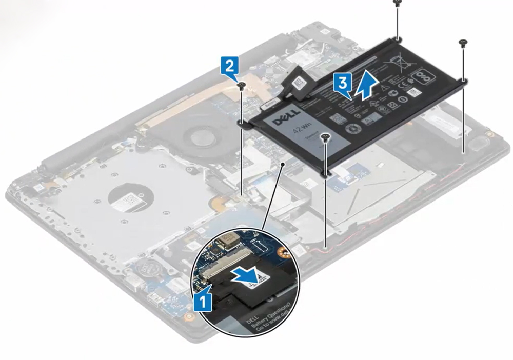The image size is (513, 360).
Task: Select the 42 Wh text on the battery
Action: pos(300,130)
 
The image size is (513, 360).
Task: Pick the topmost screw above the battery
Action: pos(397,3)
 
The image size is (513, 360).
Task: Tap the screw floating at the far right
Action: pos(463,43)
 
